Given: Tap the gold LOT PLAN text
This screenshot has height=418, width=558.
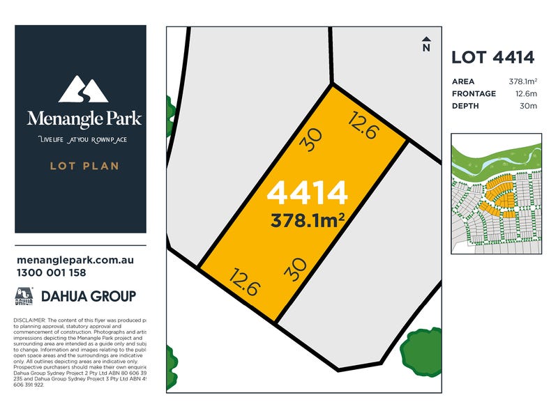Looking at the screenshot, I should [x=84, y=166].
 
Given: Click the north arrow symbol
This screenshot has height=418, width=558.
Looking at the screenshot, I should [x=425, y=44].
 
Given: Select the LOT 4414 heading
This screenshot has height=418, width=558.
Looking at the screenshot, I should [x=493, y=57].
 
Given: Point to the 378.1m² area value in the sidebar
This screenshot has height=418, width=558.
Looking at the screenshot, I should [x=522, y=81].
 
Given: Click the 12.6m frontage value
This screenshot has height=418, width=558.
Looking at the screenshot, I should [x=526, y=93].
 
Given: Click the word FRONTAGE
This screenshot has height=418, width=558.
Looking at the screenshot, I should [x=474, y=93].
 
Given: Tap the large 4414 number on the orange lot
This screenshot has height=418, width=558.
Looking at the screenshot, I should [x=308, y=193].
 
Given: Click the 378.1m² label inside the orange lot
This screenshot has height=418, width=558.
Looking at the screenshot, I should [x=308, y=220].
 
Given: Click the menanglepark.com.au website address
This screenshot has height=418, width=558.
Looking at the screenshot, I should [x=74, y=260].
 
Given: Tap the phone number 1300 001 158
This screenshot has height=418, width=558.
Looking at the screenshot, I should [x=51, y=272].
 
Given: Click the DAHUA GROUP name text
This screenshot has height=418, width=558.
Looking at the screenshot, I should [x=89, y=296].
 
